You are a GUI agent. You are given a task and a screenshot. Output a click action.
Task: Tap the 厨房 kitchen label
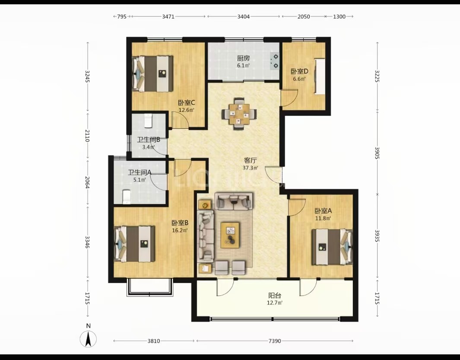pos(244,58)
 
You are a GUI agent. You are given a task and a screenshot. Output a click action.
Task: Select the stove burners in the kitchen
pos(275,61)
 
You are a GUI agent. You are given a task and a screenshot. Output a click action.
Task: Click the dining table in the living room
pos(239,113)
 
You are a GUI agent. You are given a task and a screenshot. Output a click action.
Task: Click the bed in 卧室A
pos(332,247)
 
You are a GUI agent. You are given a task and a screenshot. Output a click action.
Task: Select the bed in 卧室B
pos(134,244)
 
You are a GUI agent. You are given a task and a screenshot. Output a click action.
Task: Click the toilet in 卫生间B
pos(148,121)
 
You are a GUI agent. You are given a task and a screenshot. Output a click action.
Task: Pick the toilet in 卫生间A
pos(126,196)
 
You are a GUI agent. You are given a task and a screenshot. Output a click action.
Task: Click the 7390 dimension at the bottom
pos(275,341)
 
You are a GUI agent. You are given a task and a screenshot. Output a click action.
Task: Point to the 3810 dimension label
pos(154,341)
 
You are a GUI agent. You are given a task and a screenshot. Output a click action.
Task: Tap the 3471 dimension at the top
pos(168,16)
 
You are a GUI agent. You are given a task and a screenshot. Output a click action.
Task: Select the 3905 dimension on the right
pos(377,153)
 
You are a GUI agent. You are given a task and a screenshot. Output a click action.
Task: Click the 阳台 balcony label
pos(275,296)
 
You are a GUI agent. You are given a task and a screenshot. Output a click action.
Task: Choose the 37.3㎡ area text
pos(250,168)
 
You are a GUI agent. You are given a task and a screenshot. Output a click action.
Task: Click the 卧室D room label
pos(299,71)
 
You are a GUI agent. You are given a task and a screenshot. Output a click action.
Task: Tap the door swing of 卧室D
pos(290,98)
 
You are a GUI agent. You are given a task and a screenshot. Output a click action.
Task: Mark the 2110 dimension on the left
pos(87,135)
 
